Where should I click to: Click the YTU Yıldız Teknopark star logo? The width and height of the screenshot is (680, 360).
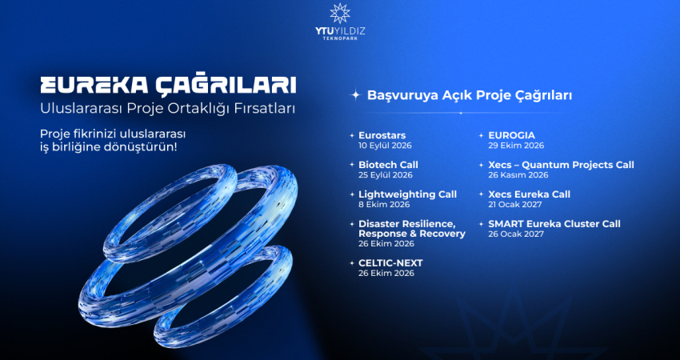339,13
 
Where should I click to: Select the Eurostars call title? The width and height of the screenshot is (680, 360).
382,135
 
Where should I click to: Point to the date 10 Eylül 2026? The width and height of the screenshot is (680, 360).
385,146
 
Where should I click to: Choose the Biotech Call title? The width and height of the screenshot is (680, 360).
388,165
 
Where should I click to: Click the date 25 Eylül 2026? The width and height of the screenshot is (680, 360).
386,175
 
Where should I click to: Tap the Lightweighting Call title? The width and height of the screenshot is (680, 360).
408,194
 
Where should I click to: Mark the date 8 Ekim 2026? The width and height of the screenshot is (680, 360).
384,205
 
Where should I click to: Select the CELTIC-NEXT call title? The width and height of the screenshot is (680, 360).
390,263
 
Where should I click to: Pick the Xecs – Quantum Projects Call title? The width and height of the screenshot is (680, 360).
561,166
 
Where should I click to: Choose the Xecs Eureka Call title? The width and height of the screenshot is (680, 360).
529,194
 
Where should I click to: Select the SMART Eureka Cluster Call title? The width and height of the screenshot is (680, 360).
554,224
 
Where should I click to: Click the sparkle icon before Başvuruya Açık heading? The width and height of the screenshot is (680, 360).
356,95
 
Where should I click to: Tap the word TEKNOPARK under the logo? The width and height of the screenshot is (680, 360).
340,38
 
